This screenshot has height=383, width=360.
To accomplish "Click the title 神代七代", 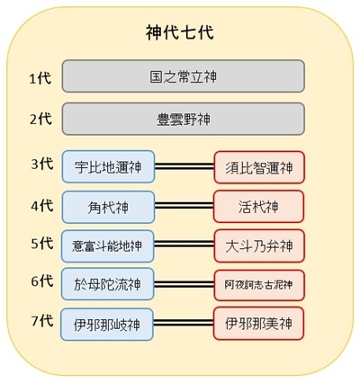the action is point(180,32).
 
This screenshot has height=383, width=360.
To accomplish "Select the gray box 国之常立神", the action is point(184,76).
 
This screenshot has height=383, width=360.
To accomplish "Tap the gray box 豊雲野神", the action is point(184,119).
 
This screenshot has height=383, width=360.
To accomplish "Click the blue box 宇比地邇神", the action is point(108,166).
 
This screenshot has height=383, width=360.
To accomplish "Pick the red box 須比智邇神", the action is point(259,167).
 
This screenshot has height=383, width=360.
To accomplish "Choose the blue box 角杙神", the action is point(108,207).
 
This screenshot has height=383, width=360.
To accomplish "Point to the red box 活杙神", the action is point(258,207).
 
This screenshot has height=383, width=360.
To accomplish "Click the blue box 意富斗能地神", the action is point(108,246).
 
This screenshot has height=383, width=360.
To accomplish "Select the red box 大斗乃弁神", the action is point(259,246).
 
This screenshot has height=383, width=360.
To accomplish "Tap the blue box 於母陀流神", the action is point(108,284).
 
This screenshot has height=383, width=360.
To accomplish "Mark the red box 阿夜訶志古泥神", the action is point(259,285).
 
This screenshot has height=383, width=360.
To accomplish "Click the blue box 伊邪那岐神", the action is point(107,325).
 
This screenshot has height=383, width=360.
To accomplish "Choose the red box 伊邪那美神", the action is point(258,324).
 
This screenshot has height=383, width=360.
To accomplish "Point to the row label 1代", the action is point(40,78).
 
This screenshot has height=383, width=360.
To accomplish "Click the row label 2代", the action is point(41,119).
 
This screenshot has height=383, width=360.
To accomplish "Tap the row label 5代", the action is point(42,244).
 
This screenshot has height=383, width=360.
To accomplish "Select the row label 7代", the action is point(42,321).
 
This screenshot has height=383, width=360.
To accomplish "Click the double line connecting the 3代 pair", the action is point(184,166).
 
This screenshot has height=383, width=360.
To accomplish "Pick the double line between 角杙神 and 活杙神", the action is point(184,206).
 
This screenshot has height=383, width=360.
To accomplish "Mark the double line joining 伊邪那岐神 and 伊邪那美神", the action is point(184,323).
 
